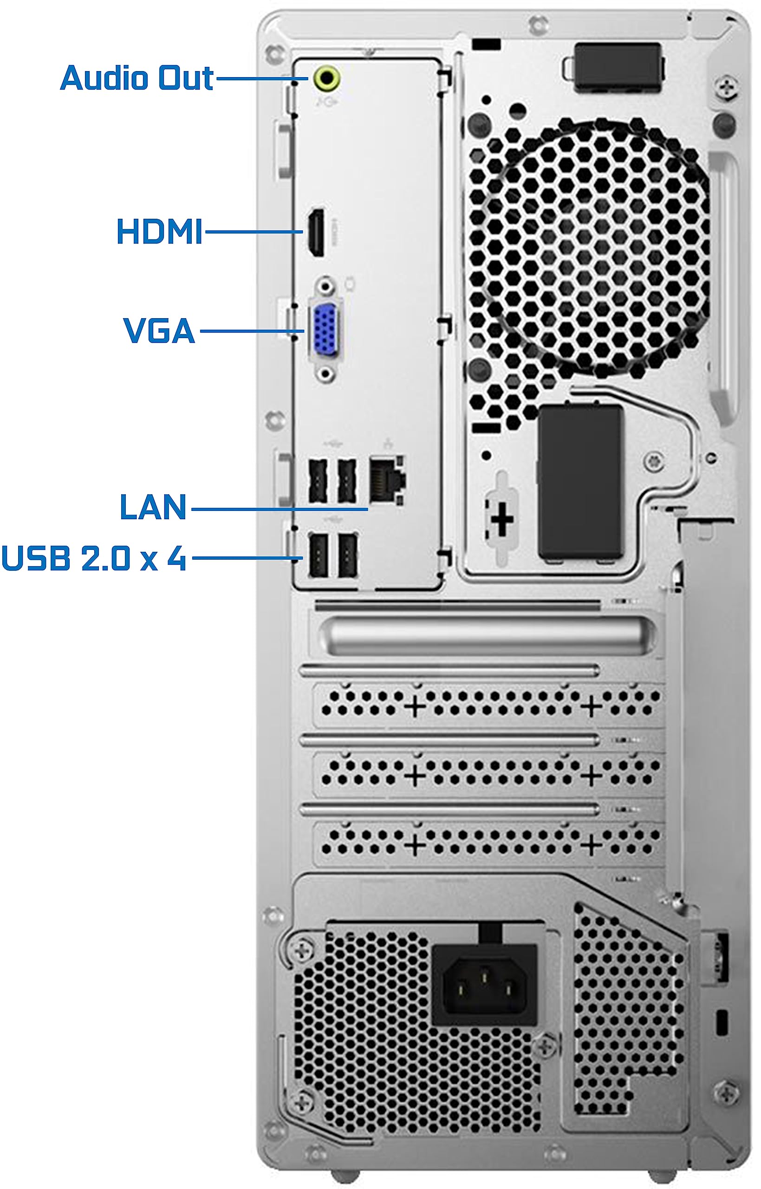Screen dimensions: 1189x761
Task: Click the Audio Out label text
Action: (x=137, y=78)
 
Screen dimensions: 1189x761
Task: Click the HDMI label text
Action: (x=159, y=231)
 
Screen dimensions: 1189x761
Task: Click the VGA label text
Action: (x=159, y=330)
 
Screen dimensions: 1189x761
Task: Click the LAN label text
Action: (x=153, y=507)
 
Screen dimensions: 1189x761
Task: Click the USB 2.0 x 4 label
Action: (x=94, y=558)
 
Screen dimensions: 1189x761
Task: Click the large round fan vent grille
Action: (x=588, y=247)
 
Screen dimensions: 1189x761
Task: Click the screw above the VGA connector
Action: (x=325, y=286)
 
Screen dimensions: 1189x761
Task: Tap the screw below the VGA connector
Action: (x=325, y=373)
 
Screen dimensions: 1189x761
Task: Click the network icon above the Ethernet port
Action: (x=388, y=443)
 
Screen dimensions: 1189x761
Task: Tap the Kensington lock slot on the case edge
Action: (x=721, y=1022)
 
